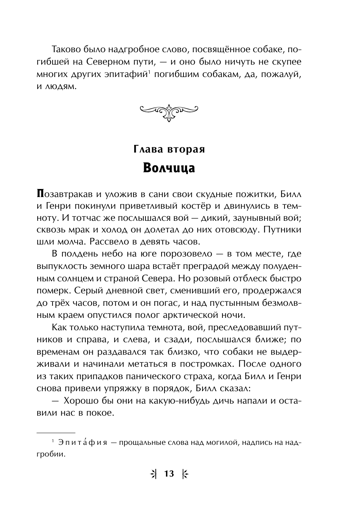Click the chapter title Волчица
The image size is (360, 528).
point(169,168)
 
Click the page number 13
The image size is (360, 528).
point(169,474)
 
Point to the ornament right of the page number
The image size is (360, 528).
point(185,474)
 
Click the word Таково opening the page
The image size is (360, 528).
point(68,50)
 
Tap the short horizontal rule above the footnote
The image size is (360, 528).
point(56,432)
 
